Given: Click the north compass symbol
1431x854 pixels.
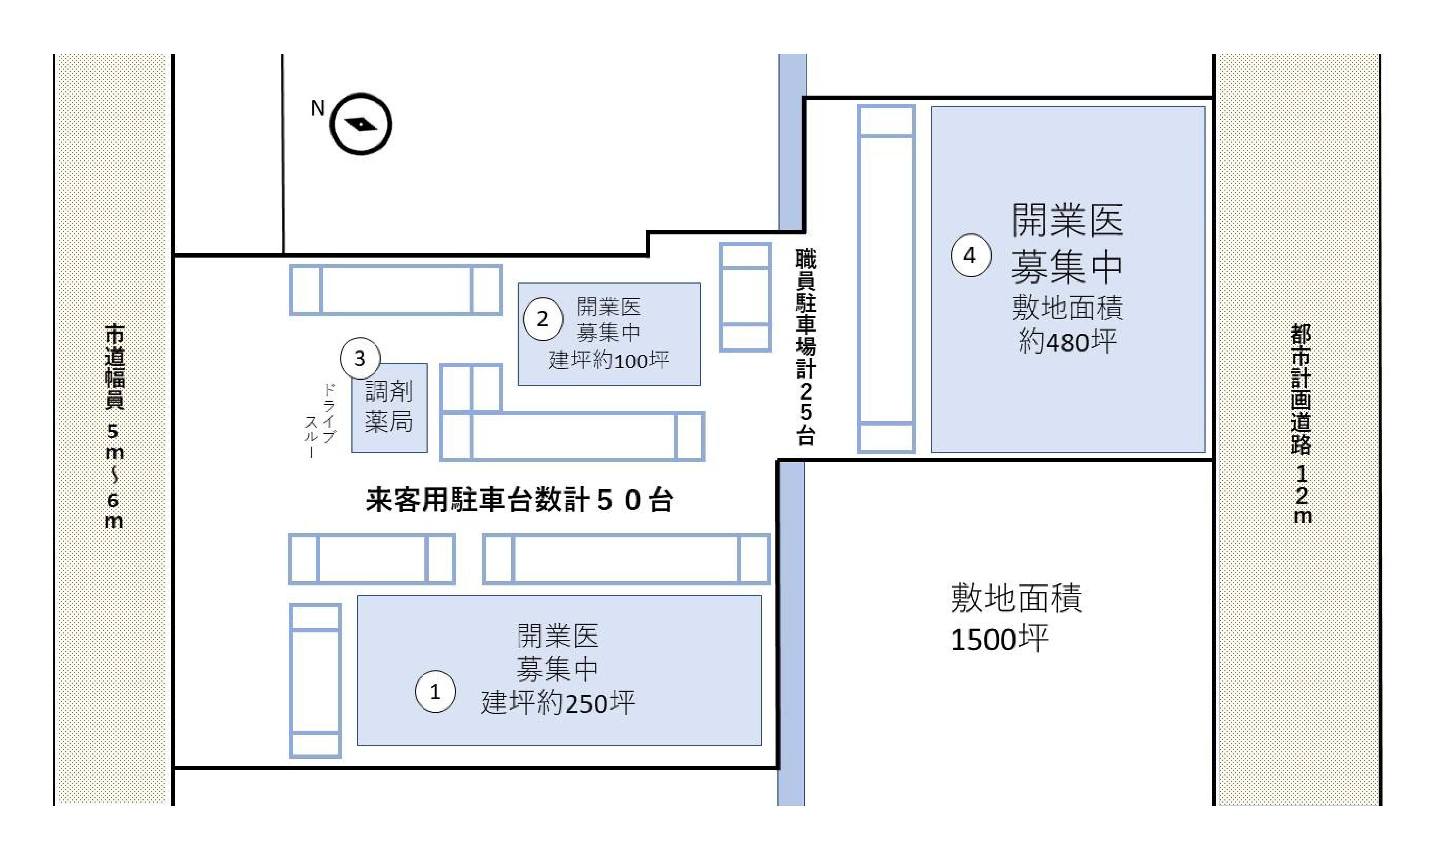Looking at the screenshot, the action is coord(361,124).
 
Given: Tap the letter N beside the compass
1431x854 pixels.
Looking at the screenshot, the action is coord(318,108).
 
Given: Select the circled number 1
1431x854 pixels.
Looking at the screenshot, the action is coord(435,691).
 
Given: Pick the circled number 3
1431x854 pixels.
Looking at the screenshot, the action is coord(360,358).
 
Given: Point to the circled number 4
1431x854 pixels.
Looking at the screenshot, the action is coord(970,255).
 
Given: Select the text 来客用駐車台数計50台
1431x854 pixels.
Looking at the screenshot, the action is coord(519,500).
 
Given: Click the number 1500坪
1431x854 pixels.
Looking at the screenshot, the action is coord(999,639).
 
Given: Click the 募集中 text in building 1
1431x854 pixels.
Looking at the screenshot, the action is coord(557,669).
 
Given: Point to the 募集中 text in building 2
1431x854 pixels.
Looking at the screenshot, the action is coord(608,333).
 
